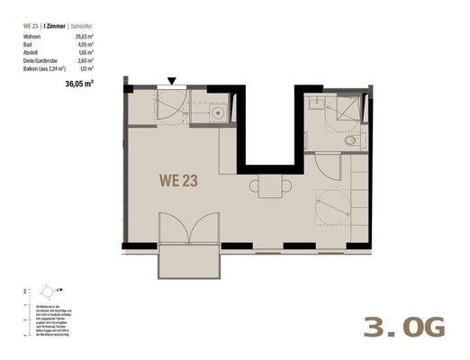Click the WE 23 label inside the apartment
[x=178, y=179]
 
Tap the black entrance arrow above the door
[x=172, y=81]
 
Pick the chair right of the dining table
[x=278, y=187]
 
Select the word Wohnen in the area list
[x=33, y=37]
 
